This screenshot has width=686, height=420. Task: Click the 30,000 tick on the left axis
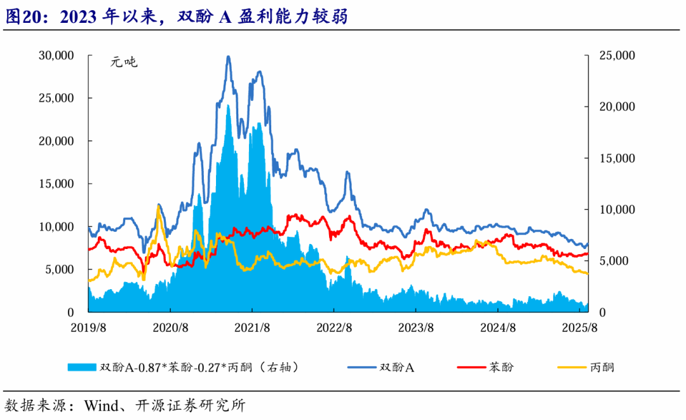click(x=57, y=55)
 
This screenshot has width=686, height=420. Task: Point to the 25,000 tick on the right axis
click(x=617, y=55)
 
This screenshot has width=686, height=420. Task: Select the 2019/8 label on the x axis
click(x=88, y=328)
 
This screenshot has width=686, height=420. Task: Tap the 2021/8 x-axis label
click(x=252, y=328)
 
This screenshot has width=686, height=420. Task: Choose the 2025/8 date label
click(x=581, y=328)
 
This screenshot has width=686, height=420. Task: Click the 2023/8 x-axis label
click(x=416, y=328)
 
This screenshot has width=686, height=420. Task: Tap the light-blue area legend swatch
click(x=82, y=367)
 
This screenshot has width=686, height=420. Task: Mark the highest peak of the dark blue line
click(x=228, y=57)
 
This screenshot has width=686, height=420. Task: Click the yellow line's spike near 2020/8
click(x=158, y=205)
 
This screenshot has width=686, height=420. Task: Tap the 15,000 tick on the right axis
click(x=617, y=158)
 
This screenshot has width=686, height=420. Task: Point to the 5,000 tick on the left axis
click(x=60, y=269)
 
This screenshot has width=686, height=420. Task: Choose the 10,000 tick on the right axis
click(x=617, y=210)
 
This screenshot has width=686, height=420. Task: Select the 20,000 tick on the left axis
click(x=57, y=141)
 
